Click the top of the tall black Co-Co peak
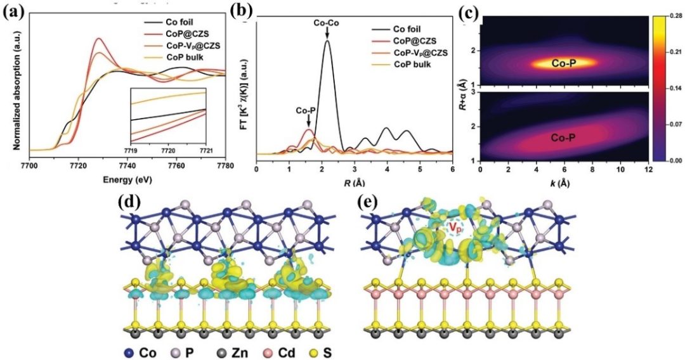pyautogui.click(x=328, y=41)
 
